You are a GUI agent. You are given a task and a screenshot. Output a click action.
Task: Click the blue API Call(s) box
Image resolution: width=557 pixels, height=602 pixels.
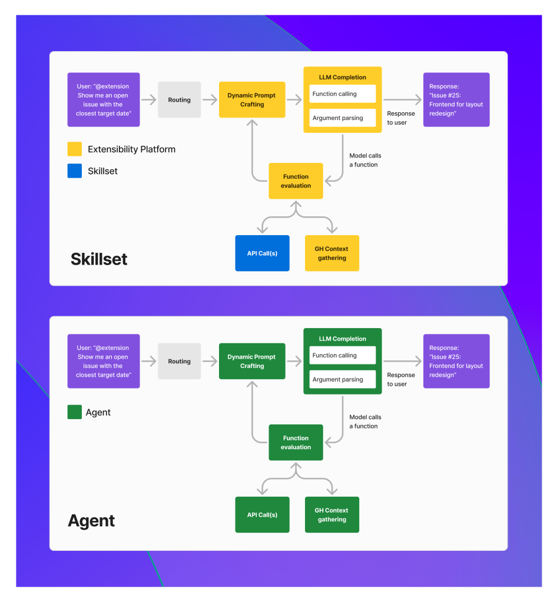pyautogui.click(x=262, y=253)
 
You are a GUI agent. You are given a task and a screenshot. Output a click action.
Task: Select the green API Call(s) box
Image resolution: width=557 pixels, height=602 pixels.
pyautogui.click(x=262, y=514)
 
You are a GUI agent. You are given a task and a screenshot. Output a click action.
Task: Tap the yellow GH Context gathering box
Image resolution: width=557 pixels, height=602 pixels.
pyautogui.click(x=331, y=253)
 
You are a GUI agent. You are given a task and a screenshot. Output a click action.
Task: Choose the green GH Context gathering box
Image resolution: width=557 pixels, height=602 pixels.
pyautogui.click(x=331, y=514)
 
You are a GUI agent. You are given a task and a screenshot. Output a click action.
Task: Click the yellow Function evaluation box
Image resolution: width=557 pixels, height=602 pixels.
pyautogui.click(x=296, y=181)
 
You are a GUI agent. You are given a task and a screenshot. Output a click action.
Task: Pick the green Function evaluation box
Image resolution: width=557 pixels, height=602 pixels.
pyautogui.click(x=296, y=442)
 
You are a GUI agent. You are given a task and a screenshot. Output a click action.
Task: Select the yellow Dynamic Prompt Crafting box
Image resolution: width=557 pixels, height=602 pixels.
pyautogui.click(x=252, y=100)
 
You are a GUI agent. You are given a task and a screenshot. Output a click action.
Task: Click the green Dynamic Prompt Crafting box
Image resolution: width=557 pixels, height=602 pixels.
pyautogui.click(x=252, y=361)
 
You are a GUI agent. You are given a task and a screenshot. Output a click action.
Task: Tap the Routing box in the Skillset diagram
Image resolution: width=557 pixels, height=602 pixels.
pyautogui.click(x=179, y=100)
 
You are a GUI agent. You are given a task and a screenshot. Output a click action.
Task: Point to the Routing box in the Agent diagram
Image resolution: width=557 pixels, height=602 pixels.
pyautogui.click(x=179, y=361)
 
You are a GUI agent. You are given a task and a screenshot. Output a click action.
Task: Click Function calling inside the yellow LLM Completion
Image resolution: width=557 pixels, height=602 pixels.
pyautogui.click(x=342, y=94)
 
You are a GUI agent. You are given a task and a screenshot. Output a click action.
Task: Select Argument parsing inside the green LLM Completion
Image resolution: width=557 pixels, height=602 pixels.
pyautogui.click(x=342, y=379)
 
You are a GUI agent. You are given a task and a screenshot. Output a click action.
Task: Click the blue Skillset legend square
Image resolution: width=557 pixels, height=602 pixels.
pyautogui.click(x=75, y=171)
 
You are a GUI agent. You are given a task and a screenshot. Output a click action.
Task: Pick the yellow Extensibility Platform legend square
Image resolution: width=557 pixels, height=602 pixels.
pyautogui.click(x=75, y=149)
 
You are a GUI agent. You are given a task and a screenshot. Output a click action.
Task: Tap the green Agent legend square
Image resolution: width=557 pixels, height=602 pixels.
pyautogui.click(x=75, y=412)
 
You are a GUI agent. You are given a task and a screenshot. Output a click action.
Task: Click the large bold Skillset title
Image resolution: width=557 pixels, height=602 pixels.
pyautogui.click(x=99, y=259)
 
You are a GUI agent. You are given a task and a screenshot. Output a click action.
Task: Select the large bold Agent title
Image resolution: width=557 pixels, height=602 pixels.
pyautogui.click(x=91, y=521)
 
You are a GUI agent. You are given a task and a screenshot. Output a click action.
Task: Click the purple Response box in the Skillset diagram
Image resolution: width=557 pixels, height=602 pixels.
pyautogui.click(x=456, y=100)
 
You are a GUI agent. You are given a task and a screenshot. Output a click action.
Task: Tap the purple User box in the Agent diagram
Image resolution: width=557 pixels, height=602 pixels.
pyautogui.click(x=104, y=361)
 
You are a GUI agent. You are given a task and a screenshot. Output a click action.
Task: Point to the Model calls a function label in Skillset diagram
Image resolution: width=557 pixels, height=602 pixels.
pyautogui.click(x=364, y=160)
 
